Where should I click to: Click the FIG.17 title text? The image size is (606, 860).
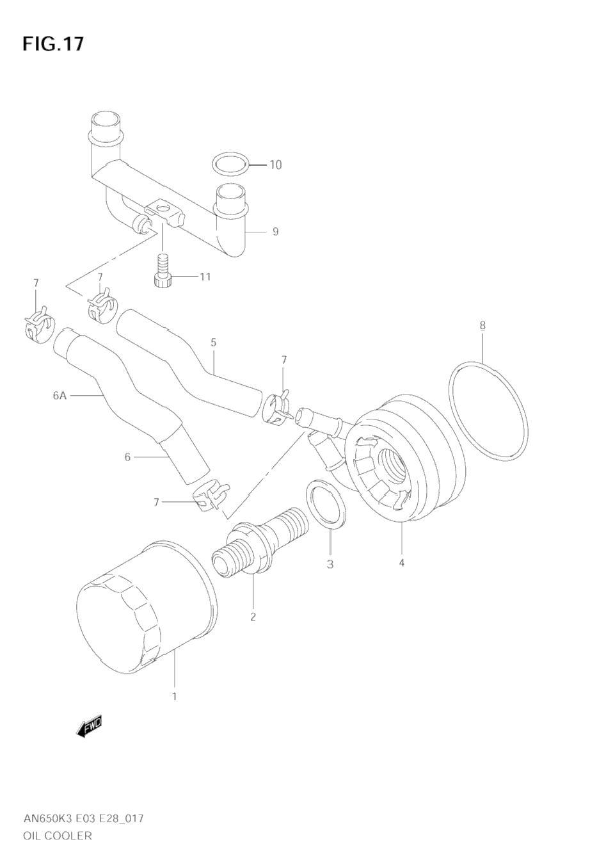(53, 44)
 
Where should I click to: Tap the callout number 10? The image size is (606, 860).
(275, 165)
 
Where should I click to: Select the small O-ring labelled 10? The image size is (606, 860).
(230, 165)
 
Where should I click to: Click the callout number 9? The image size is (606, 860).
(276, 231)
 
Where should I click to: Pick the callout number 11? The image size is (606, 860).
(205, 277)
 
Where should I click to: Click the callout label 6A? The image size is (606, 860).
(60, 396)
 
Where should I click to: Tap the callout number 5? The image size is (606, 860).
(213, 343)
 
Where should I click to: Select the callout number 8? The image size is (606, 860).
(482, 325)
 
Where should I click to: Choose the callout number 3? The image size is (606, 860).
(330, 564)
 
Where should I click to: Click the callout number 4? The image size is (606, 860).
(402, 563)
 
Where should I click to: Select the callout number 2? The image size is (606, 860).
(253, 617)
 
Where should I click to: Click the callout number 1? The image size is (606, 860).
(175, 696)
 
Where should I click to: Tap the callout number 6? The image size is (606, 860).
(127, 457)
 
